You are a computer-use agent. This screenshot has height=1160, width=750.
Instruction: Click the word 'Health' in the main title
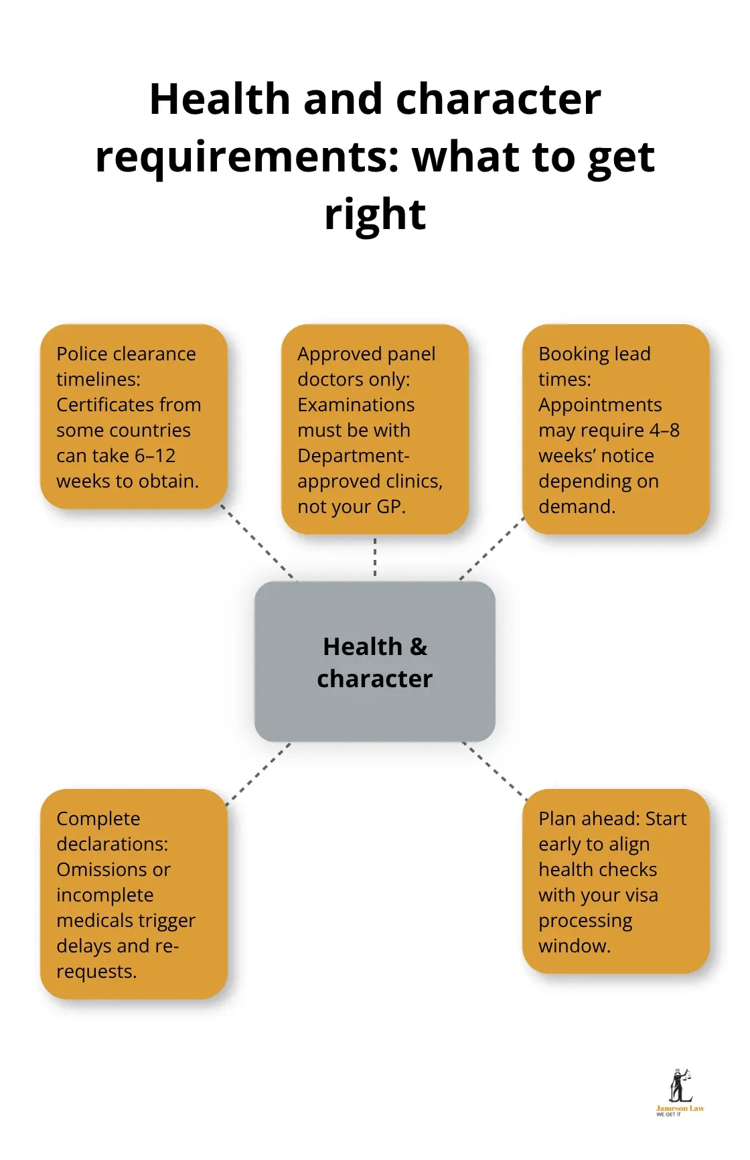(x=220, y=99)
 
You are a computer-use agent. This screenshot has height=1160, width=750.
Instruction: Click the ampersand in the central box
(x=419, y=647)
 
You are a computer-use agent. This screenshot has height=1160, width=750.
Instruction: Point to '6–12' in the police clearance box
(x=155, y=456)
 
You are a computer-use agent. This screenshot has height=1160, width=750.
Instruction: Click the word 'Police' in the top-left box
(x=82, y=354)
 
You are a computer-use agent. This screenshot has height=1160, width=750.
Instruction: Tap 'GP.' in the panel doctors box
(x=391, y=507)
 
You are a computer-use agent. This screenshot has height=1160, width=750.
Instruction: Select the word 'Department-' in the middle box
(x=353, y=456)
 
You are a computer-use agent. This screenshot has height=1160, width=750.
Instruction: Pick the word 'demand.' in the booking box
(x=577, y=507)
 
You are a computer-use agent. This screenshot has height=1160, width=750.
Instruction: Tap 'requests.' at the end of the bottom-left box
(x=96, y=972)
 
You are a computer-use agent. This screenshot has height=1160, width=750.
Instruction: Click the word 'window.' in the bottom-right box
(x=575, y=946)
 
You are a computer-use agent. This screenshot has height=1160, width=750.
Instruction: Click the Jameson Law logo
(x=680, y=1092)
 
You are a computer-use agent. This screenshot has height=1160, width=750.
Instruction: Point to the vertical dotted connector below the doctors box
(x=375, y=557)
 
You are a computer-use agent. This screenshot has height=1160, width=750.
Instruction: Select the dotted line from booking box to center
(x=492, y=548)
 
